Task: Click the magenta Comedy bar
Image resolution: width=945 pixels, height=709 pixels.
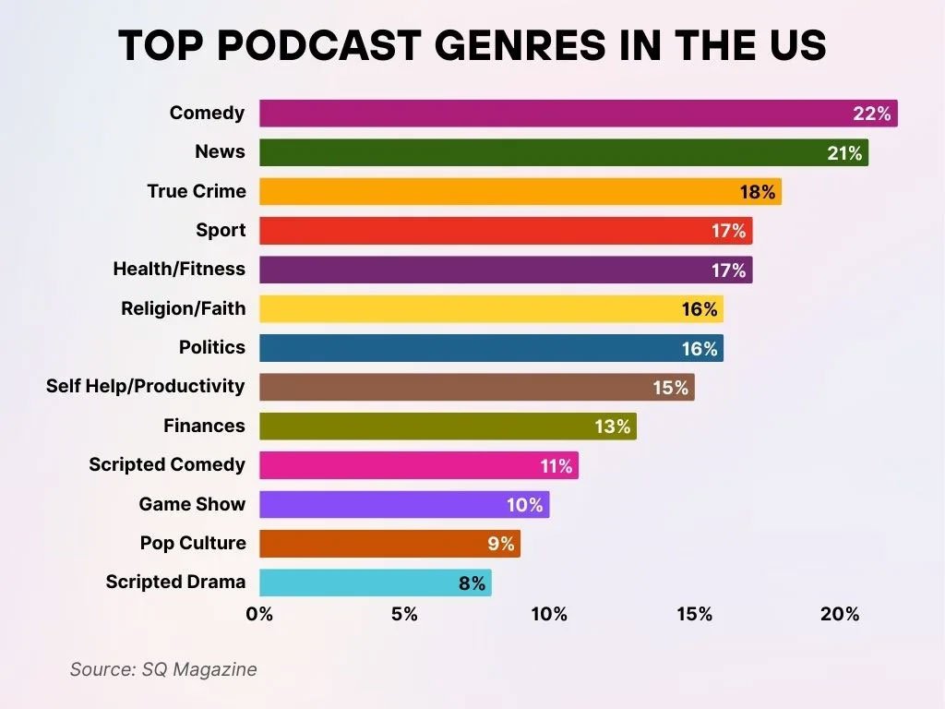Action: point(554,114)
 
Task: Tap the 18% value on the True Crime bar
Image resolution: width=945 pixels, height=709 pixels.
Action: point(757,192)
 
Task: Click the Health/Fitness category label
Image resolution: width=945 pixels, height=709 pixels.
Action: point(179,270)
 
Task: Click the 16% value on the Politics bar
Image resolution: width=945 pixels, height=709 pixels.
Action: point(699,349)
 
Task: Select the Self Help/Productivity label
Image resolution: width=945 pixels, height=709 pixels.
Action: point(146,387)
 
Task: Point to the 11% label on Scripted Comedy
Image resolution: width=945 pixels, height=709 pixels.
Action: point(556,466)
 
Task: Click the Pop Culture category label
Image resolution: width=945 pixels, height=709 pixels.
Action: point(193,544)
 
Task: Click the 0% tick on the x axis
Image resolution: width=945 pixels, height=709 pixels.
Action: point(259,615)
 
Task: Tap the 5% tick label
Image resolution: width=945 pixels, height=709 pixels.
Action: point(404,615)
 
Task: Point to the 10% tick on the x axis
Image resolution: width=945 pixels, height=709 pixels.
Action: point(549,615)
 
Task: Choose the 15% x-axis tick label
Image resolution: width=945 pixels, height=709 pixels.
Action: point(694,615)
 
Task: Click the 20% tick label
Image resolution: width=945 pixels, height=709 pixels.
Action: point(839,615)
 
